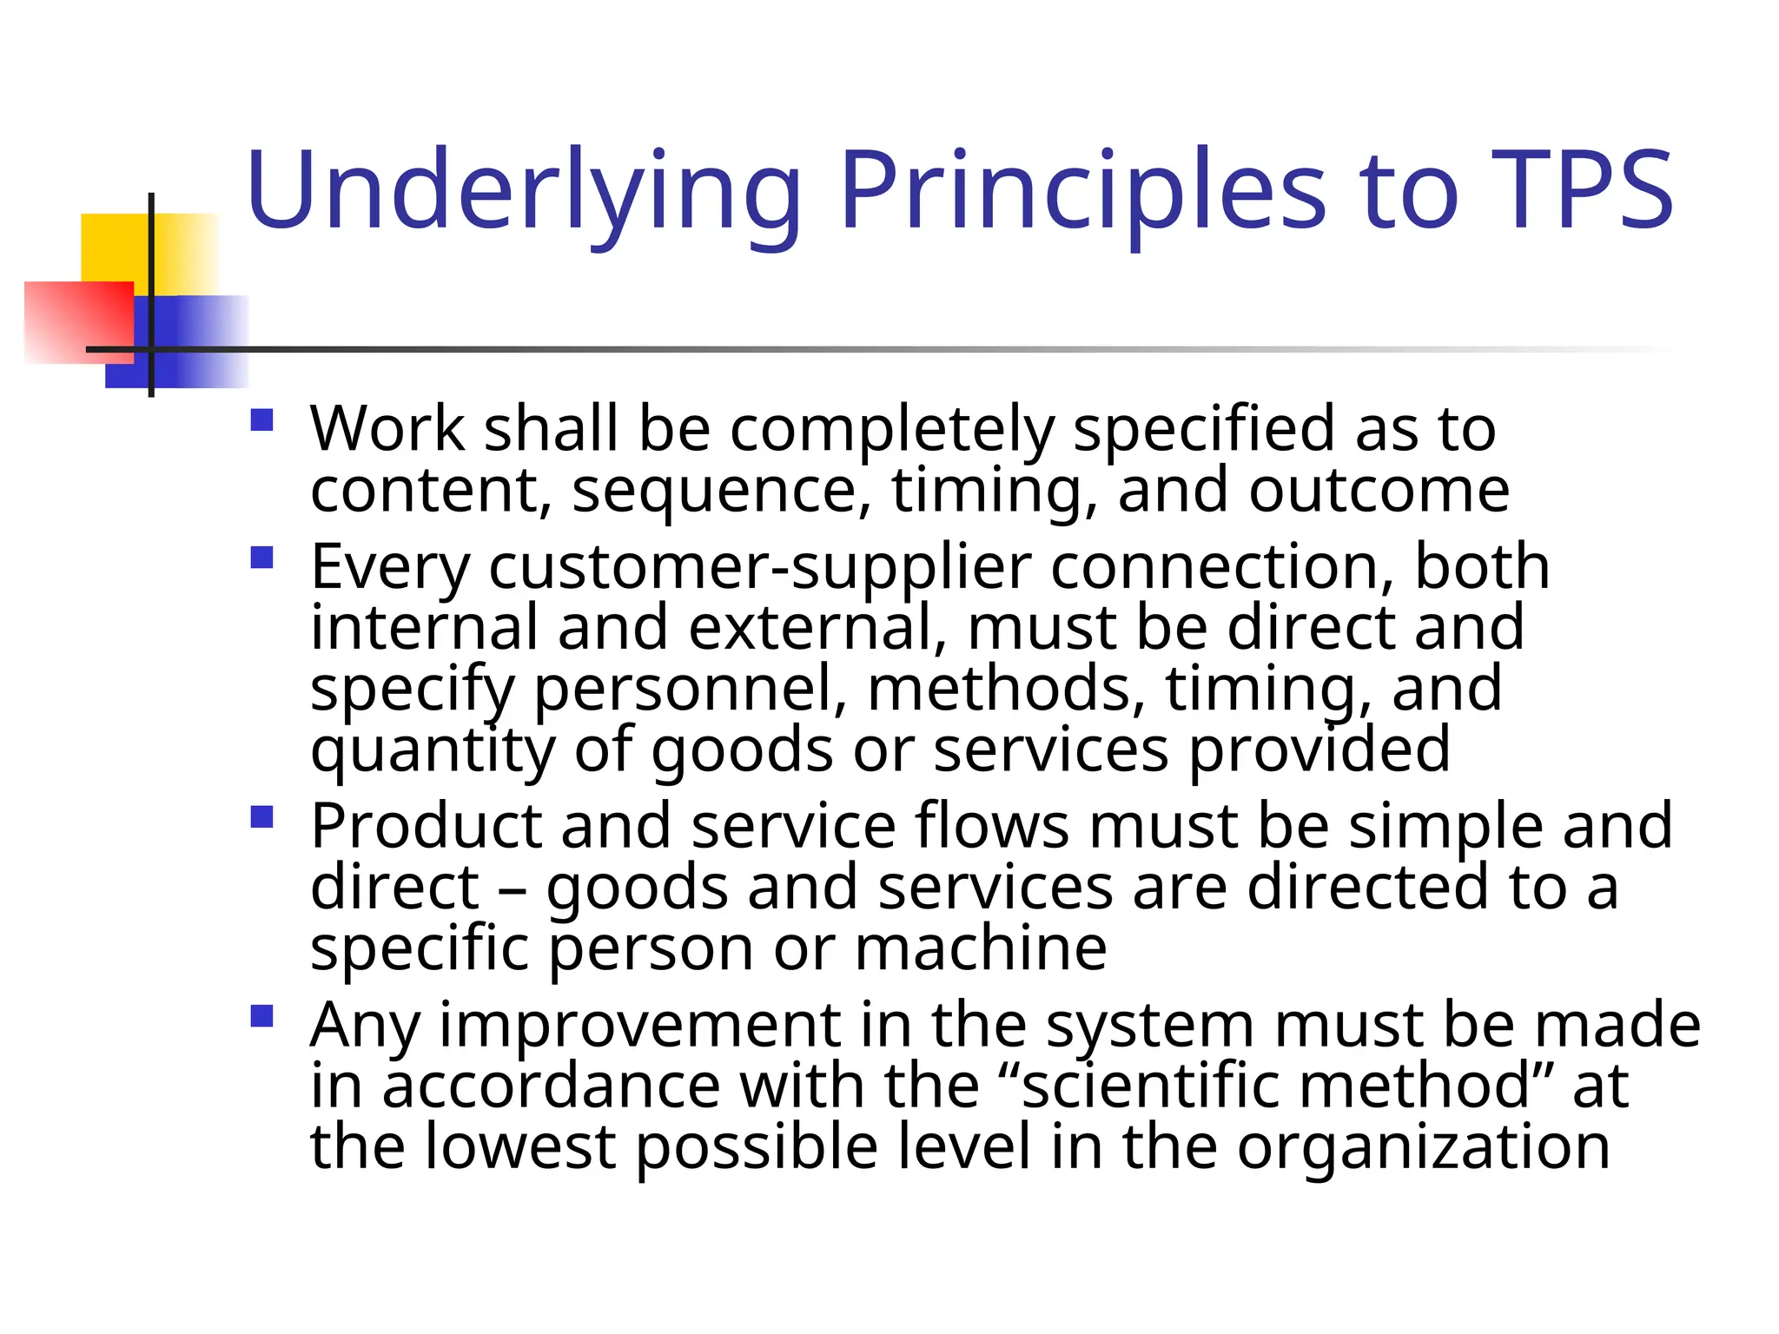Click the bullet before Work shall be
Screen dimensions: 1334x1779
(261, 420)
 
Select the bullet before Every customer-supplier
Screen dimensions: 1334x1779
(261, 557)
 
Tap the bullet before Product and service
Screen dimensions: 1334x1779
(261, 817)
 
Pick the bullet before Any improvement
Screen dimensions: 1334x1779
(261, 1015)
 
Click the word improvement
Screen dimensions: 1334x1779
(640, 1026)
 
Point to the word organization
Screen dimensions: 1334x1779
(1424, 1148)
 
